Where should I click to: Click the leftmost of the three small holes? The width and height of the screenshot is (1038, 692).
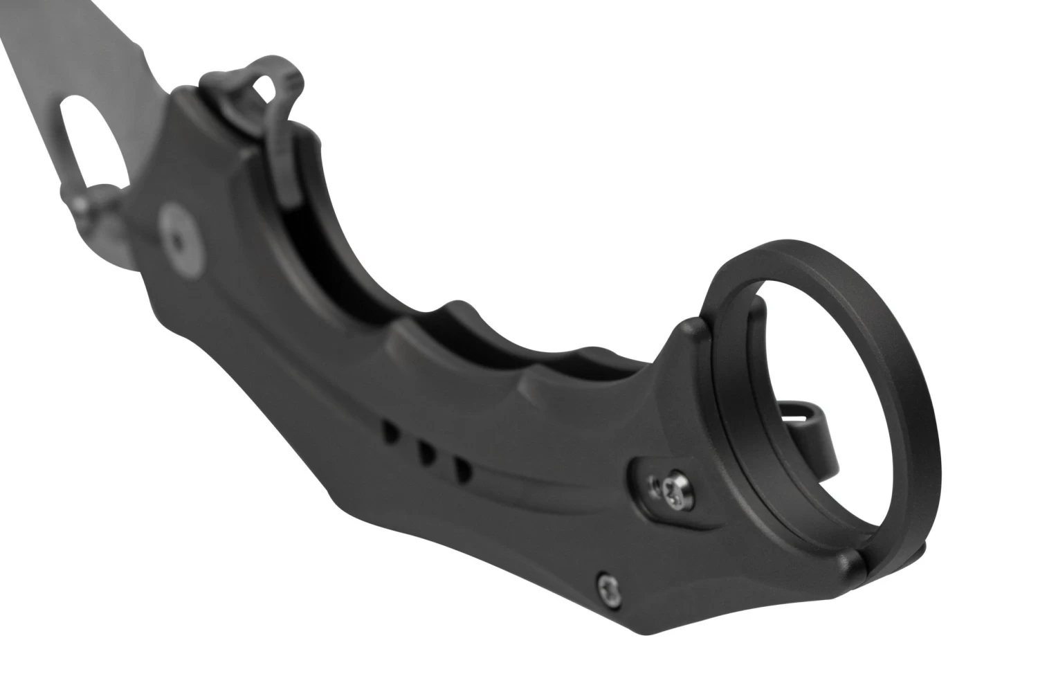tap(392, 435)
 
